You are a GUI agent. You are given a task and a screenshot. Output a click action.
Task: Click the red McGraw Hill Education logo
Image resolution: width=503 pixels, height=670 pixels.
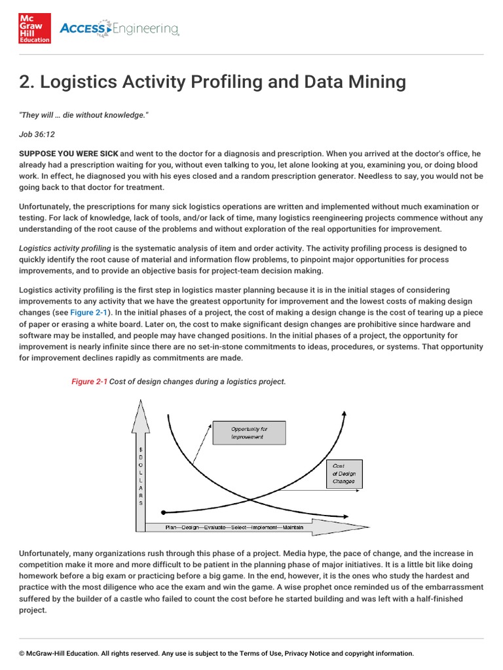35,28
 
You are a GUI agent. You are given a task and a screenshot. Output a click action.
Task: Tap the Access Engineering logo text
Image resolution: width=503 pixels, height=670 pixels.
119,29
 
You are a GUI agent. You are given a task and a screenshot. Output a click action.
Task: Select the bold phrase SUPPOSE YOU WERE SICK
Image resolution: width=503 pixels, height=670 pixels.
68,154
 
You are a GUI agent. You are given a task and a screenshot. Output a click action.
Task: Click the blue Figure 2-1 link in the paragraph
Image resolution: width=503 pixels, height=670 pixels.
90,313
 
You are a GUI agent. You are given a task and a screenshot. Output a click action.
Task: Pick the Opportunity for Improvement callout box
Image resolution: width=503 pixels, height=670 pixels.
249,433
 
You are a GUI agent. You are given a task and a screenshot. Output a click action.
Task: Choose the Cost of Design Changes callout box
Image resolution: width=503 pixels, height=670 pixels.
344,473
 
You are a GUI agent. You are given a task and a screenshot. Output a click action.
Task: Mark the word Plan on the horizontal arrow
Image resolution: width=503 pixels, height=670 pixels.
172,526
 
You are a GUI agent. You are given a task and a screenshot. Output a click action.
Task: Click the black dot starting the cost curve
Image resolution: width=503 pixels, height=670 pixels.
163,511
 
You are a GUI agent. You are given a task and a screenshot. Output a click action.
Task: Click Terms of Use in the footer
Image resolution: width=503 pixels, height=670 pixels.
257,653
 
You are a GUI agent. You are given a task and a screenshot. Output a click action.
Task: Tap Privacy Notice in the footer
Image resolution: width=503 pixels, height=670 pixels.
307,653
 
